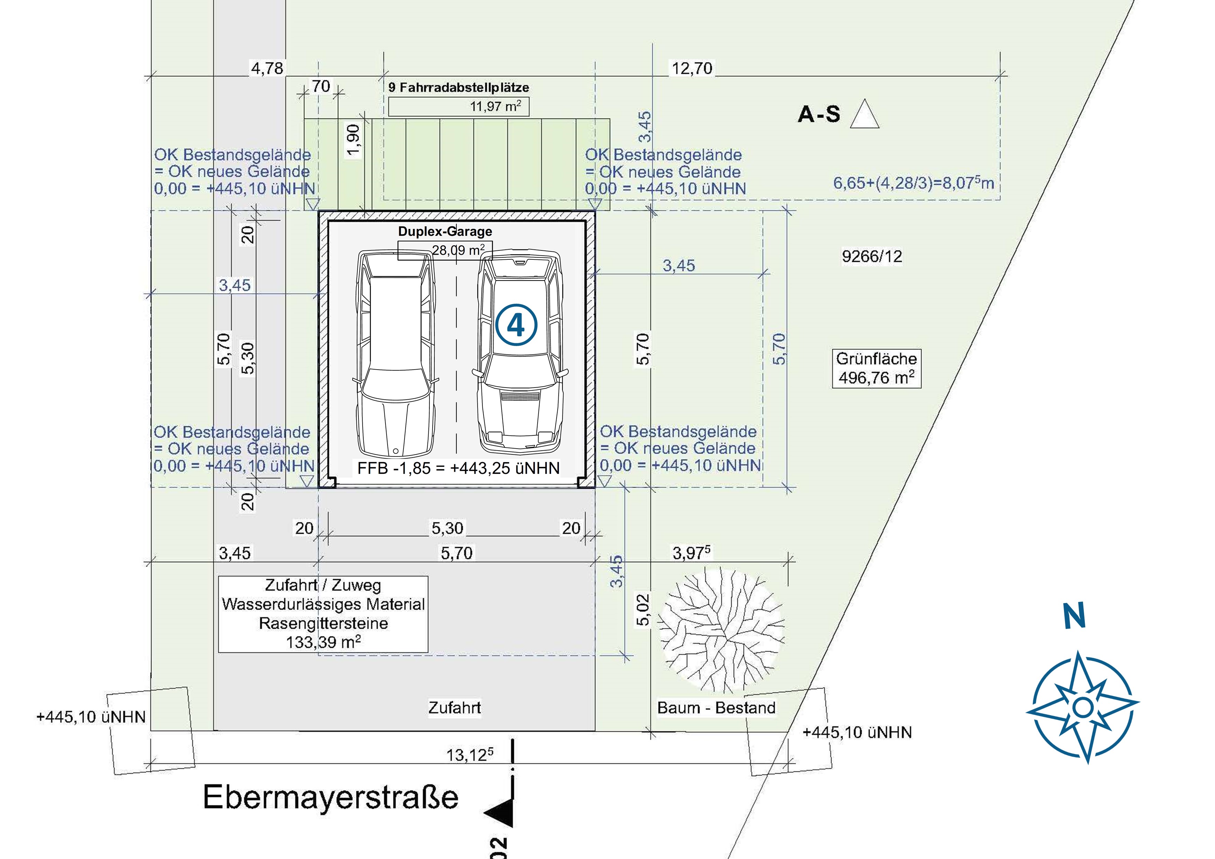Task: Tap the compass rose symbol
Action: pos(1083,707)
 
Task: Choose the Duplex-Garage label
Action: pos(445,231)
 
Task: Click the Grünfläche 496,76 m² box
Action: pos(876,369)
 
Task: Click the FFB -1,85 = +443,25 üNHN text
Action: pos(458,468)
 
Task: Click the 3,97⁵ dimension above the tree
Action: pos(691,553)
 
